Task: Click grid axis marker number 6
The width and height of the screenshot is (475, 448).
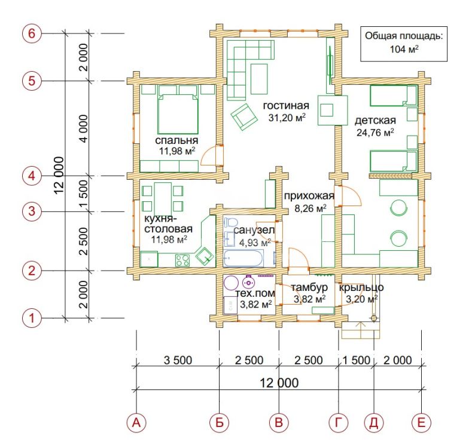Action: click(32, 33)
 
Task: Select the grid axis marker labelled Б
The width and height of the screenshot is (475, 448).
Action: click(220, 422)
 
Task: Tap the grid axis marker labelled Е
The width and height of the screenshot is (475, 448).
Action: click(421, 422)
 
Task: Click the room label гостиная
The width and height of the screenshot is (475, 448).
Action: click(286, 106)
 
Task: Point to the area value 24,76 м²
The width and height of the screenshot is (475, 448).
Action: click(375, 132)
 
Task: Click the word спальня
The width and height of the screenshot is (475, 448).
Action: click(176, 140)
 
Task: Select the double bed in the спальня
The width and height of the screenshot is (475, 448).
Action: click(178, 113)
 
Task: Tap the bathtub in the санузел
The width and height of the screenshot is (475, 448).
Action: click(243, 257)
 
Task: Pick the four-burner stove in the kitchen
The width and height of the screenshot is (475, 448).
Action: click(182, 260)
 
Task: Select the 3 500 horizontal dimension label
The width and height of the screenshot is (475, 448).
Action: click(178, 360)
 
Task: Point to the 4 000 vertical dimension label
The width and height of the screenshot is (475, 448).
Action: click(83, 128)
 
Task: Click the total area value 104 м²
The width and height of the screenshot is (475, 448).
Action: click(404, 49)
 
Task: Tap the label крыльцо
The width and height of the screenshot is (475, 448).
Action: click(361, 287)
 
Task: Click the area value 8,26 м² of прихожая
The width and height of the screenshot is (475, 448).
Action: click(310, 208)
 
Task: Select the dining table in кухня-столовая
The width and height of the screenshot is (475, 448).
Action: click(163, 199)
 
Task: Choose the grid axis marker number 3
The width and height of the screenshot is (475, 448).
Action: click(32, 211)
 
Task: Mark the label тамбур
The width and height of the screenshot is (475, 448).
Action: click(309, 287)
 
